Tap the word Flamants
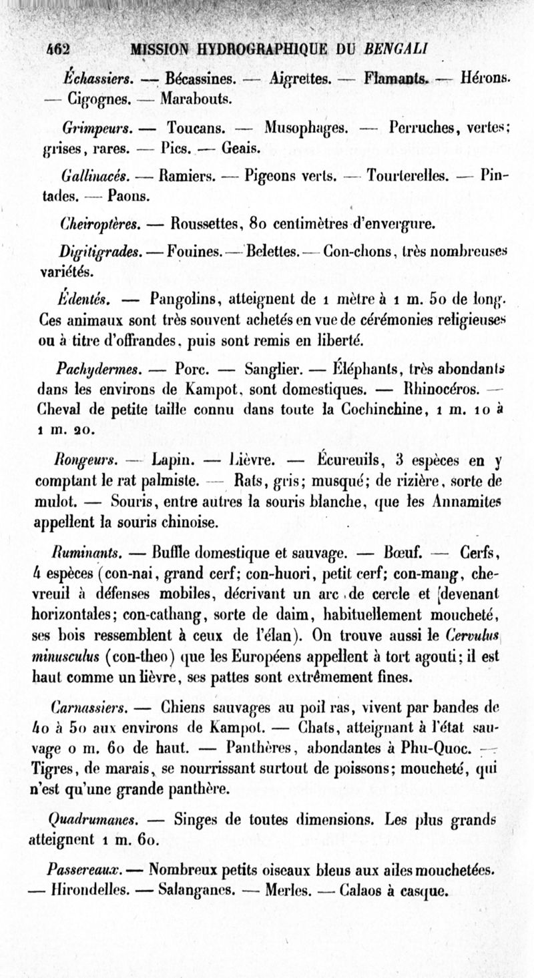pos(396,79)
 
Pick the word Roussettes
pos(207,223)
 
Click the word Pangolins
pos(186,298)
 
